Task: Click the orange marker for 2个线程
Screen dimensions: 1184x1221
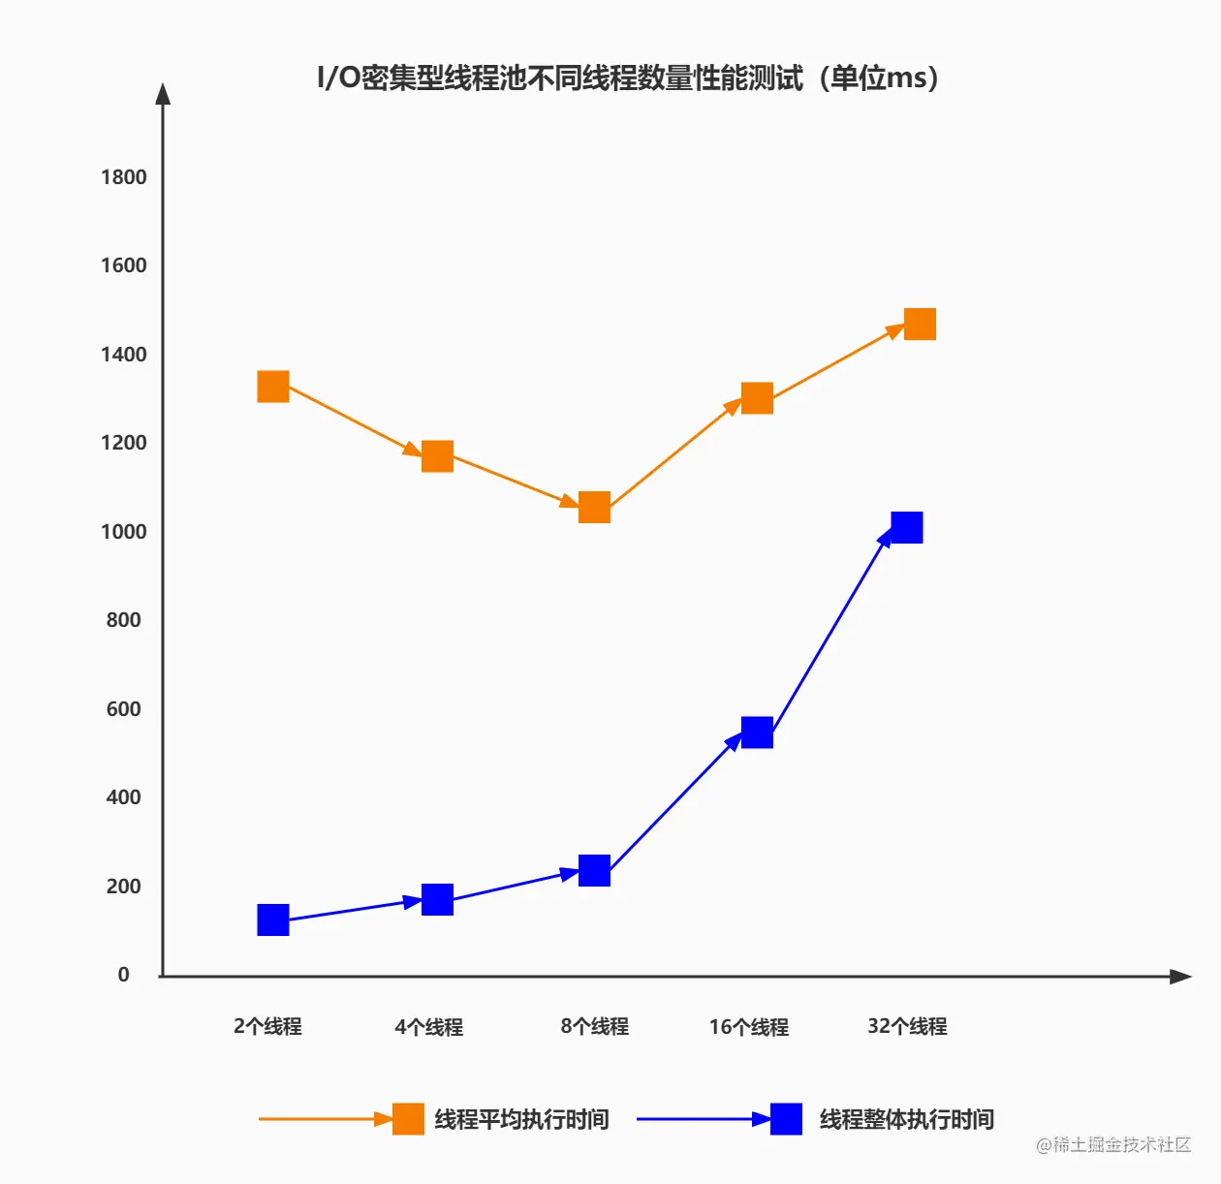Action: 273,387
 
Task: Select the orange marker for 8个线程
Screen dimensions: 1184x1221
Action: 594,507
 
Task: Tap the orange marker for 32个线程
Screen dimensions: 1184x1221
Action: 920,325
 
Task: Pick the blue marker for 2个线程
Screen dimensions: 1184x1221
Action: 273,919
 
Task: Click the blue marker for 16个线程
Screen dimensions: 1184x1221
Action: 757,732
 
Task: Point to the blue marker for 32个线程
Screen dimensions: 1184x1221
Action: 906,528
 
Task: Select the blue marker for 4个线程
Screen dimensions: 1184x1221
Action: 437,900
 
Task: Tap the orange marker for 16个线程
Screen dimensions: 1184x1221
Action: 757,398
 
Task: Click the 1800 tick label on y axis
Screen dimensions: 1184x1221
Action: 124,177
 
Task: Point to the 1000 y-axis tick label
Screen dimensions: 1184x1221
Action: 124,532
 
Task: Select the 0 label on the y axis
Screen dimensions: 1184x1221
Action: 124,975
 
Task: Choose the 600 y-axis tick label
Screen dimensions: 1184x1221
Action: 124,709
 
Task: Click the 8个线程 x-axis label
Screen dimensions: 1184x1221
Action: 594,1027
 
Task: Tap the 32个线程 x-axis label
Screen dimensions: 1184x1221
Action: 907,1027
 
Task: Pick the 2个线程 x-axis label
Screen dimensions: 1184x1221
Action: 267,1027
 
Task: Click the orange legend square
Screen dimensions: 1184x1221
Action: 408,1119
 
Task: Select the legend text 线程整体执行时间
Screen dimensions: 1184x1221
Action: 907,1120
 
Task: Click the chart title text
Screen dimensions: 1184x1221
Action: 628,78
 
